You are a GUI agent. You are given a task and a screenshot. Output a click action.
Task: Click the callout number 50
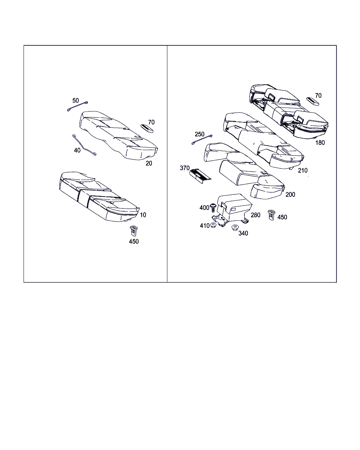(76, 101)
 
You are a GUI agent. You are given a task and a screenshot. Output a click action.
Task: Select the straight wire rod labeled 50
(77, 107)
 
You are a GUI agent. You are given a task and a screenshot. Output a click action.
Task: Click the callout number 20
(149, 163)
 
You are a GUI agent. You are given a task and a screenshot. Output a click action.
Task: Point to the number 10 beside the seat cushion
(143, 215)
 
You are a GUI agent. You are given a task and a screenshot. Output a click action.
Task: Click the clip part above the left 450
(134, 231)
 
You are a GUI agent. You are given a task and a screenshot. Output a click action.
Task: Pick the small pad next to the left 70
(147, 128)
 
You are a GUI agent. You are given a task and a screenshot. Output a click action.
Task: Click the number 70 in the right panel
(318, 96)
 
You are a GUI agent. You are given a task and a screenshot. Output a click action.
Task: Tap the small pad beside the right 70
(313, 102)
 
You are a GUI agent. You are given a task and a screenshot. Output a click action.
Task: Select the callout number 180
(320, 143)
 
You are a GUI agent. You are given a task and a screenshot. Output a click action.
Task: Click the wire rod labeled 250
(202, 140)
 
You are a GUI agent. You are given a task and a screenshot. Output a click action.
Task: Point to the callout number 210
(303, 171)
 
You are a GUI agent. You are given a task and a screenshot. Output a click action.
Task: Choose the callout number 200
(290, 194)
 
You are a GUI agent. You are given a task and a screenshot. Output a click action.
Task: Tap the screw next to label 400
(213, 207)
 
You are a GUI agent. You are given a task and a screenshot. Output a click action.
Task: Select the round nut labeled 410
(213, 225)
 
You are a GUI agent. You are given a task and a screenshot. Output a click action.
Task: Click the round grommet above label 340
(235, 227)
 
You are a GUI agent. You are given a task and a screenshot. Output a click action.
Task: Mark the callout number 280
(255, 215)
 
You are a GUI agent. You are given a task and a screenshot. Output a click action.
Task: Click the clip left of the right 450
(271, 215)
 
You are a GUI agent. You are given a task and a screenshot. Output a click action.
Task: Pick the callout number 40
(77, 150)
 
